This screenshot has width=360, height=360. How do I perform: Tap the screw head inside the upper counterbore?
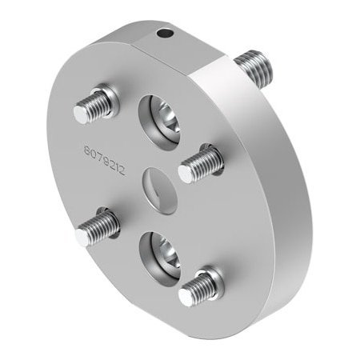point(166,122)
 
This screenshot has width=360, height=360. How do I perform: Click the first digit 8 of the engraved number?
point(86,150)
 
